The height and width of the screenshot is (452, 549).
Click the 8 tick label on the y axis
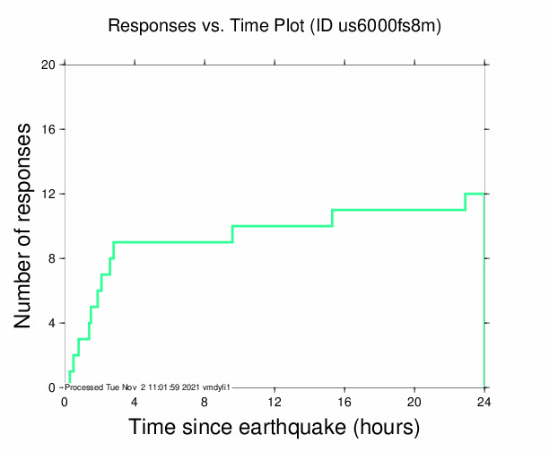click(51, 259)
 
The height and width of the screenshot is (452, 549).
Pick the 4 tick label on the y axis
click(51, 324)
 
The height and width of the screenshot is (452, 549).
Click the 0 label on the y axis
click(51, 388)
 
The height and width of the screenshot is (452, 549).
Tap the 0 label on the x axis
click(65, 401)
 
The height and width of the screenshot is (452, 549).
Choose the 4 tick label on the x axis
click(135, 401)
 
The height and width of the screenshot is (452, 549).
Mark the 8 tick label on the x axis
click(205, 401)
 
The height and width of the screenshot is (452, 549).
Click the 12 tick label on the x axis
click(274, 401)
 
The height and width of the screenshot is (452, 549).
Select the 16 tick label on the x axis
click(344, 401)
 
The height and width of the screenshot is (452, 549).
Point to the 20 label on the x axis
click(414, 401)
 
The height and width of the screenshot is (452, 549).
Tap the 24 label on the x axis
click(484, 401)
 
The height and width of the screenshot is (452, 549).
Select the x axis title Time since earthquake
click(274, 427)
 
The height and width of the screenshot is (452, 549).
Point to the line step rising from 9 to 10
click(232, 234)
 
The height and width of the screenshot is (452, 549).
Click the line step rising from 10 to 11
click(333, 218)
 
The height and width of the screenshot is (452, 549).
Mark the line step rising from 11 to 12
click(466, 202)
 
